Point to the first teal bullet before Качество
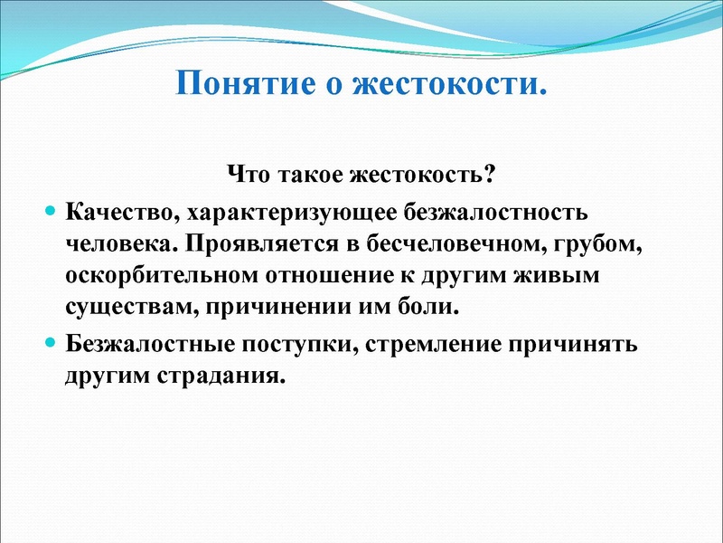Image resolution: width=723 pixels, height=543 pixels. point(51,211)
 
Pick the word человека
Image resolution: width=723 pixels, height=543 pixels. point(112,243)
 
